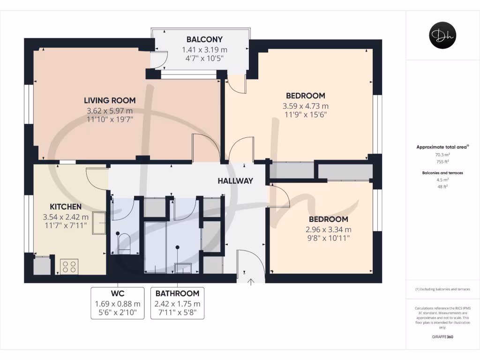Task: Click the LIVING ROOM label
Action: [110, 100]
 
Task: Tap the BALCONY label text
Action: [204, 39]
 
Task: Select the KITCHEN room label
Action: [66, 207]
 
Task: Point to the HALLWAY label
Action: [235, 181]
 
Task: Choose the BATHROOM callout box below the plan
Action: [177, 303]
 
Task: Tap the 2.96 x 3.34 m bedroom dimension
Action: [328, 230]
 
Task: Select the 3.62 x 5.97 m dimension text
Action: [110, 111]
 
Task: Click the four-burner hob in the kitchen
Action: [69, 267]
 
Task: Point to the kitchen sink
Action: [99, 223]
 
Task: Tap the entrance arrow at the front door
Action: [251, 282]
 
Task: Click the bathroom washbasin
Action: [183, 268]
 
